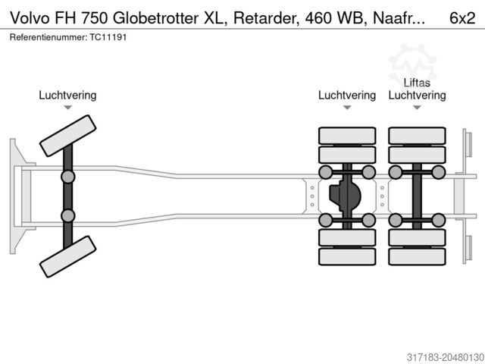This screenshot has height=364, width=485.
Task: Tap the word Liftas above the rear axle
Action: (x=417, y=83)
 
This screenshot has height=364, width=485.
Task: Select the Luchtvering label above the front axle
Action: (x=67, y=96)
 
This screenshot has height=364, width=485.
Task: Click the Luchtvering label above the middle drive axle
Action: (x=347, y=96)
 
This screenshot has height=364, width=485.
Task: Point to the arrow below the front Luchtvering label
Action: (x=67, y=108)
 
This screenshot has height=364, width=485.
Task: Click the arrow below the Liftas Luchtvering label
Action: (x=417, y=108)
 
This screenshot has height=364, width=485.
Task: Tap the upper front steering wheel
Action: (x=67, y=136)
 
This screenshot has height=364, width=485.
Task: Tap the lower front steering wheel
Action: (x=67, y=256)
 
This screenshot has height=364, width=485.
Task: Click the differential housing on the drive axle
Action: (x=346, y=196)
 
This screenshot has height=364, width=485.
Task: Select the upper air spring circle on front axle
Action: (x=67, y=177)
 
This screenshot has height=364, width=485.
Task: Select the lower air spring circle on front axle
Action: (x=67, y=215)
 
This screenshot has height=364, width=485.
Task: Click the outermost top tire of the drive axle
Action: (x=347, y=136)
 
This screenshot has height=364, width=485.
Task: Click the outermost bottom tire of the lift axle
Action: (x=417, y=256)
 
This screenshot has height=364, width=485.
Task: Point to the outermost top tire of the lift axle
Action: (x=417, y=136)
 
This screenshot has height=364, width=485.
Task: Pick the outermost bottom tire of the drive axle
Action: (x=347, y=256)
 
